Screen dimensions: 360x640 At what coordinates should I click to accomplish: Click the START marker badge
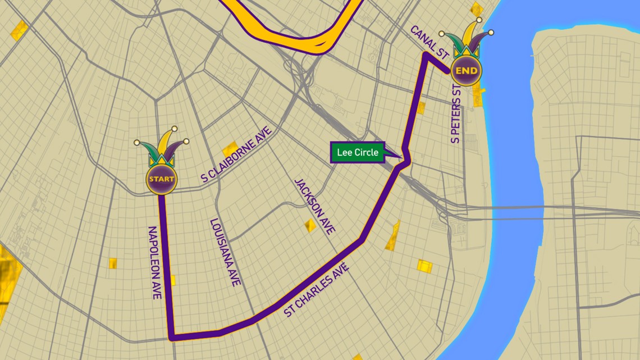click(x=162, y=180)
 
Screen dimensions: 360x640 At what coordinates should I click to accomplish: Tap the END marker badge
click(x=467, y=71)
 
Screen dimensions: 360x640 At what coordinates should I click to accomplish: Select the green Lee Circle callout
click(x=358, y=152)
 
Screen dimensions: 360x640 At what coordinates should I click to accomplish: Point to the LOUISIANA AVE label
click(x=225, y=253)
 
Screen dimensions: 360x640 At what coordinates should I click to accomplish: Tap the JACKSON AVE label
click(x=315, y=206)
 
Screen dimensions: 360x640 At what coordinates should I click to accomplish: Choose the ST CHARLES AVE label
click(x=317, y=290)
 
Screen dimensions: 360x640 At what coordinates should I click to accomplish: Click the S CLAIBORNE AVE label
click(x=236, y=154)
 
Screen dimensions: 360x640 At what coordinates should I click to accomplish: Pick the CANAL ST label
click(x=429, y=43)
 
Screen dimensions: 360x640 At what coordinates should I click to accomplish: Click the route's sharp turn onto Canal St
click(x=426, y=54)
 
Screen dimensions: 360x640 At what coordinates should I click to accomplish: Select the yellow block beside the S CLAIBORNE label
click(x=230, y=149)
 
